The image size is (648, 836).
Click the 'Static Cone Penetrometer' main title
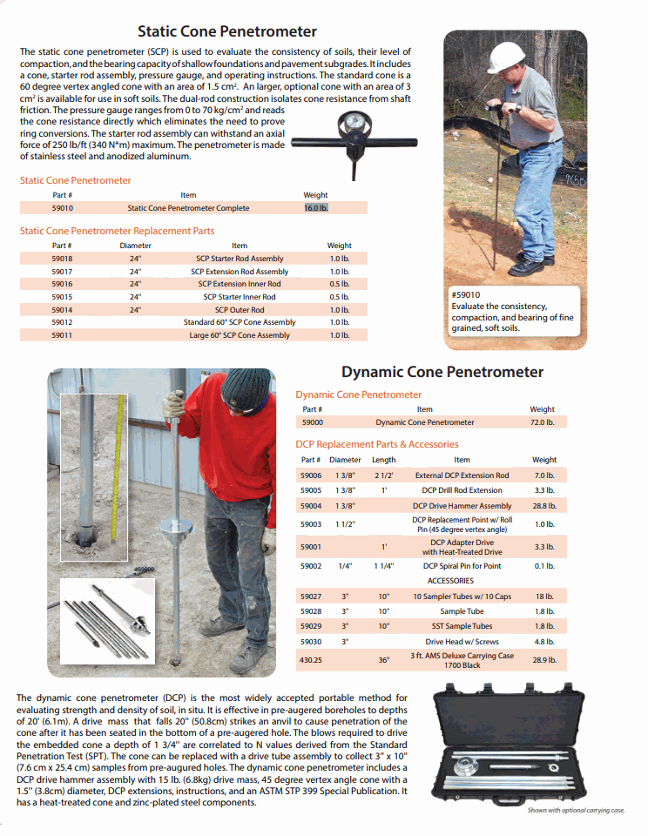227,31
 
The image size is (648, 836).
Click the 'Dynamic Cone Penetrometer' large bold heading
442,372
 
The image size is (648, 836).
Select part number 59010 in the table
62,208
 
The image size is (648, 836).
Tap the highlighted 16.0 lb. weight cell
315,208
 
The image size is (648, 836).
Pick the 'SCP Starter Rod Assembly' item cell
240,259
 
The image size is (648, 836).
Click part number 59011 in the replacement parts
62,335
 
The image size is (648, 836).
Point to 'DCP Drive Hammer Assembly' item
462,505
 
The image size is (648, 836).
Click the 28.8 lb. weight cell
543,505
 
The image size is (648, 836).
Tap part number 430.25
312,660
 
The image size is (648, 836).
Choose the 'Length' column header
383,460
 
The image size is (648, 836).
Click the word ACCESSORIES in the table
449,581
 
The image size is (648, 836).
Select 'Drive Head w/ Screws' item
462,642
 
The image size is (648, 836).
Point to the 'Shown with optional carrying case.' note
576,811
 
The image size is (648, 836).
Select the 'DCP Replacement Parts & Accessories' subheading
377,444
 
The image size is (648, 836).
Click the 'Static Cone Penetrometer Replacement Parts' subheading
117,231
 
